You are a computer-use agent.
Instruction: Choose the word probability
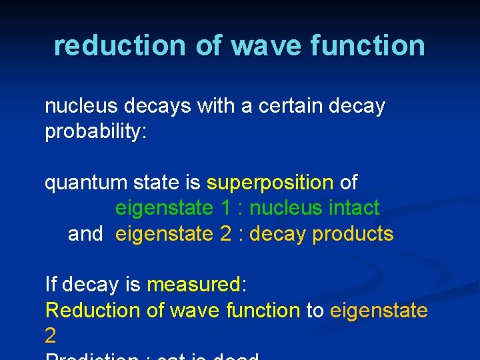pos(92,132)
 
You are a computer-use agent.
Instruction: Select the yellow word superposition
pos(270,182)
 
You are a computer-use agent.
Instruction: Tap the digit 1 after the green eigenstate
pos(226,208)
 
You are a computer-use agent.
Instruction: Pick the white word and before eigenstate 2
pos(85,234)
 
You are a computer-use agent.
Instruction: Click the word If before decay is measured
pos(51,285)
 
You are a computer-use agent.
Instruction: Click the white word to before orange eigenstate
pos(315,311)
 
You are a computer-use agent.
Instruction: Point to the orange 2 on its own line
pos(51,336)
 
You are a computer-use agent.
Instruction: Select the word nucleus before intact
pos(287,208)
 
